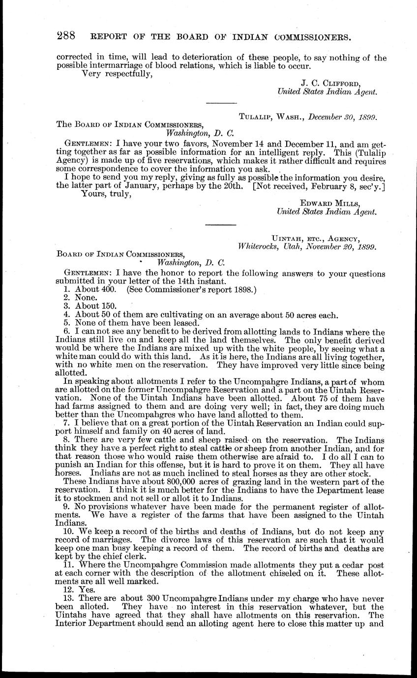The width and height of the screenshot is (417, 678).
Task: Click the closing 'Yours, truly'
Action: (x=106, y=194)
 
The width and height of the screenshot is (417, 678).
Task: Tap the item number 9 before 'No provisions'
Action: (x=67, y=506)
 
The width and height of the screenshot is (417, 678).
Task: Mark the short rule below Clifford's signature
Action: (x=221, y=103)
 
